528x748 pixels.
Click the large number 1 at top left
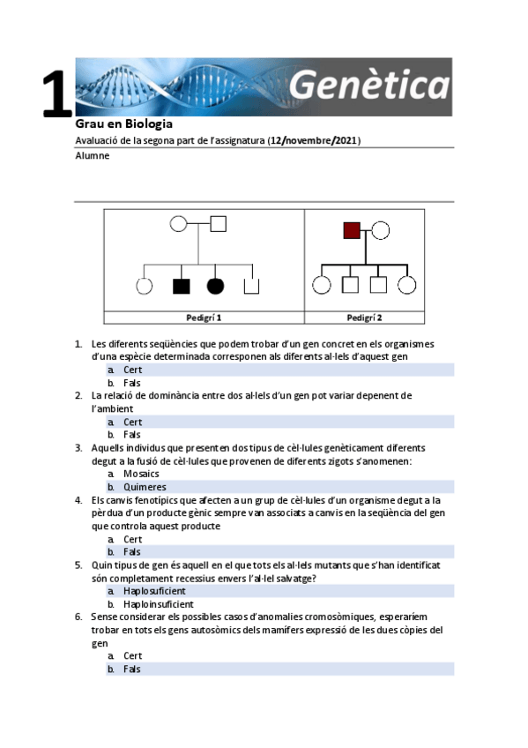[x=57, y=95]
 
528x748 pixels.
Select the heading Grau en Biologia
[x=123, y=124]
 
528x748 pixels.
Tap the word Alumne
[x=93, y=156]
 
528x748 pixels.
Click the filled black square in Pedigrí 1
[x=182, y=285]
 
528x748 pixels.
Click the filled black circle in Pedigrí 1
[x=215, y=285]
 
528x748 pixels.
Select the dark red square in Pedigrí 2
[x=352, y=231]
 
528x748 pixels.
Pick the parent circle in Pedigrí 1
[x=179, y=223]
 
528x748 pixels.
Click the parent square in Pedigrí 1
[x=219, y=223]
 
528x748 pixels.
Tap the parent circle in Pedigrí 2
[x=380, y=231]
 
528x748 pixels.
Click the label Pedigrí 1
[x=204, y=317]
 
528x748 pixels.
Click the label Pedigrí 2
[x=364, y=317]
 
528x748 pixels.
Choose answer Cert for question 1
[x=132, y=370]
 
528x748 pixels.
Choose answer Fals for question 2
[x=132, y=435]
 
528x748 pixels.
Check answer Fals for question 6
[x=132, y=669]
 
